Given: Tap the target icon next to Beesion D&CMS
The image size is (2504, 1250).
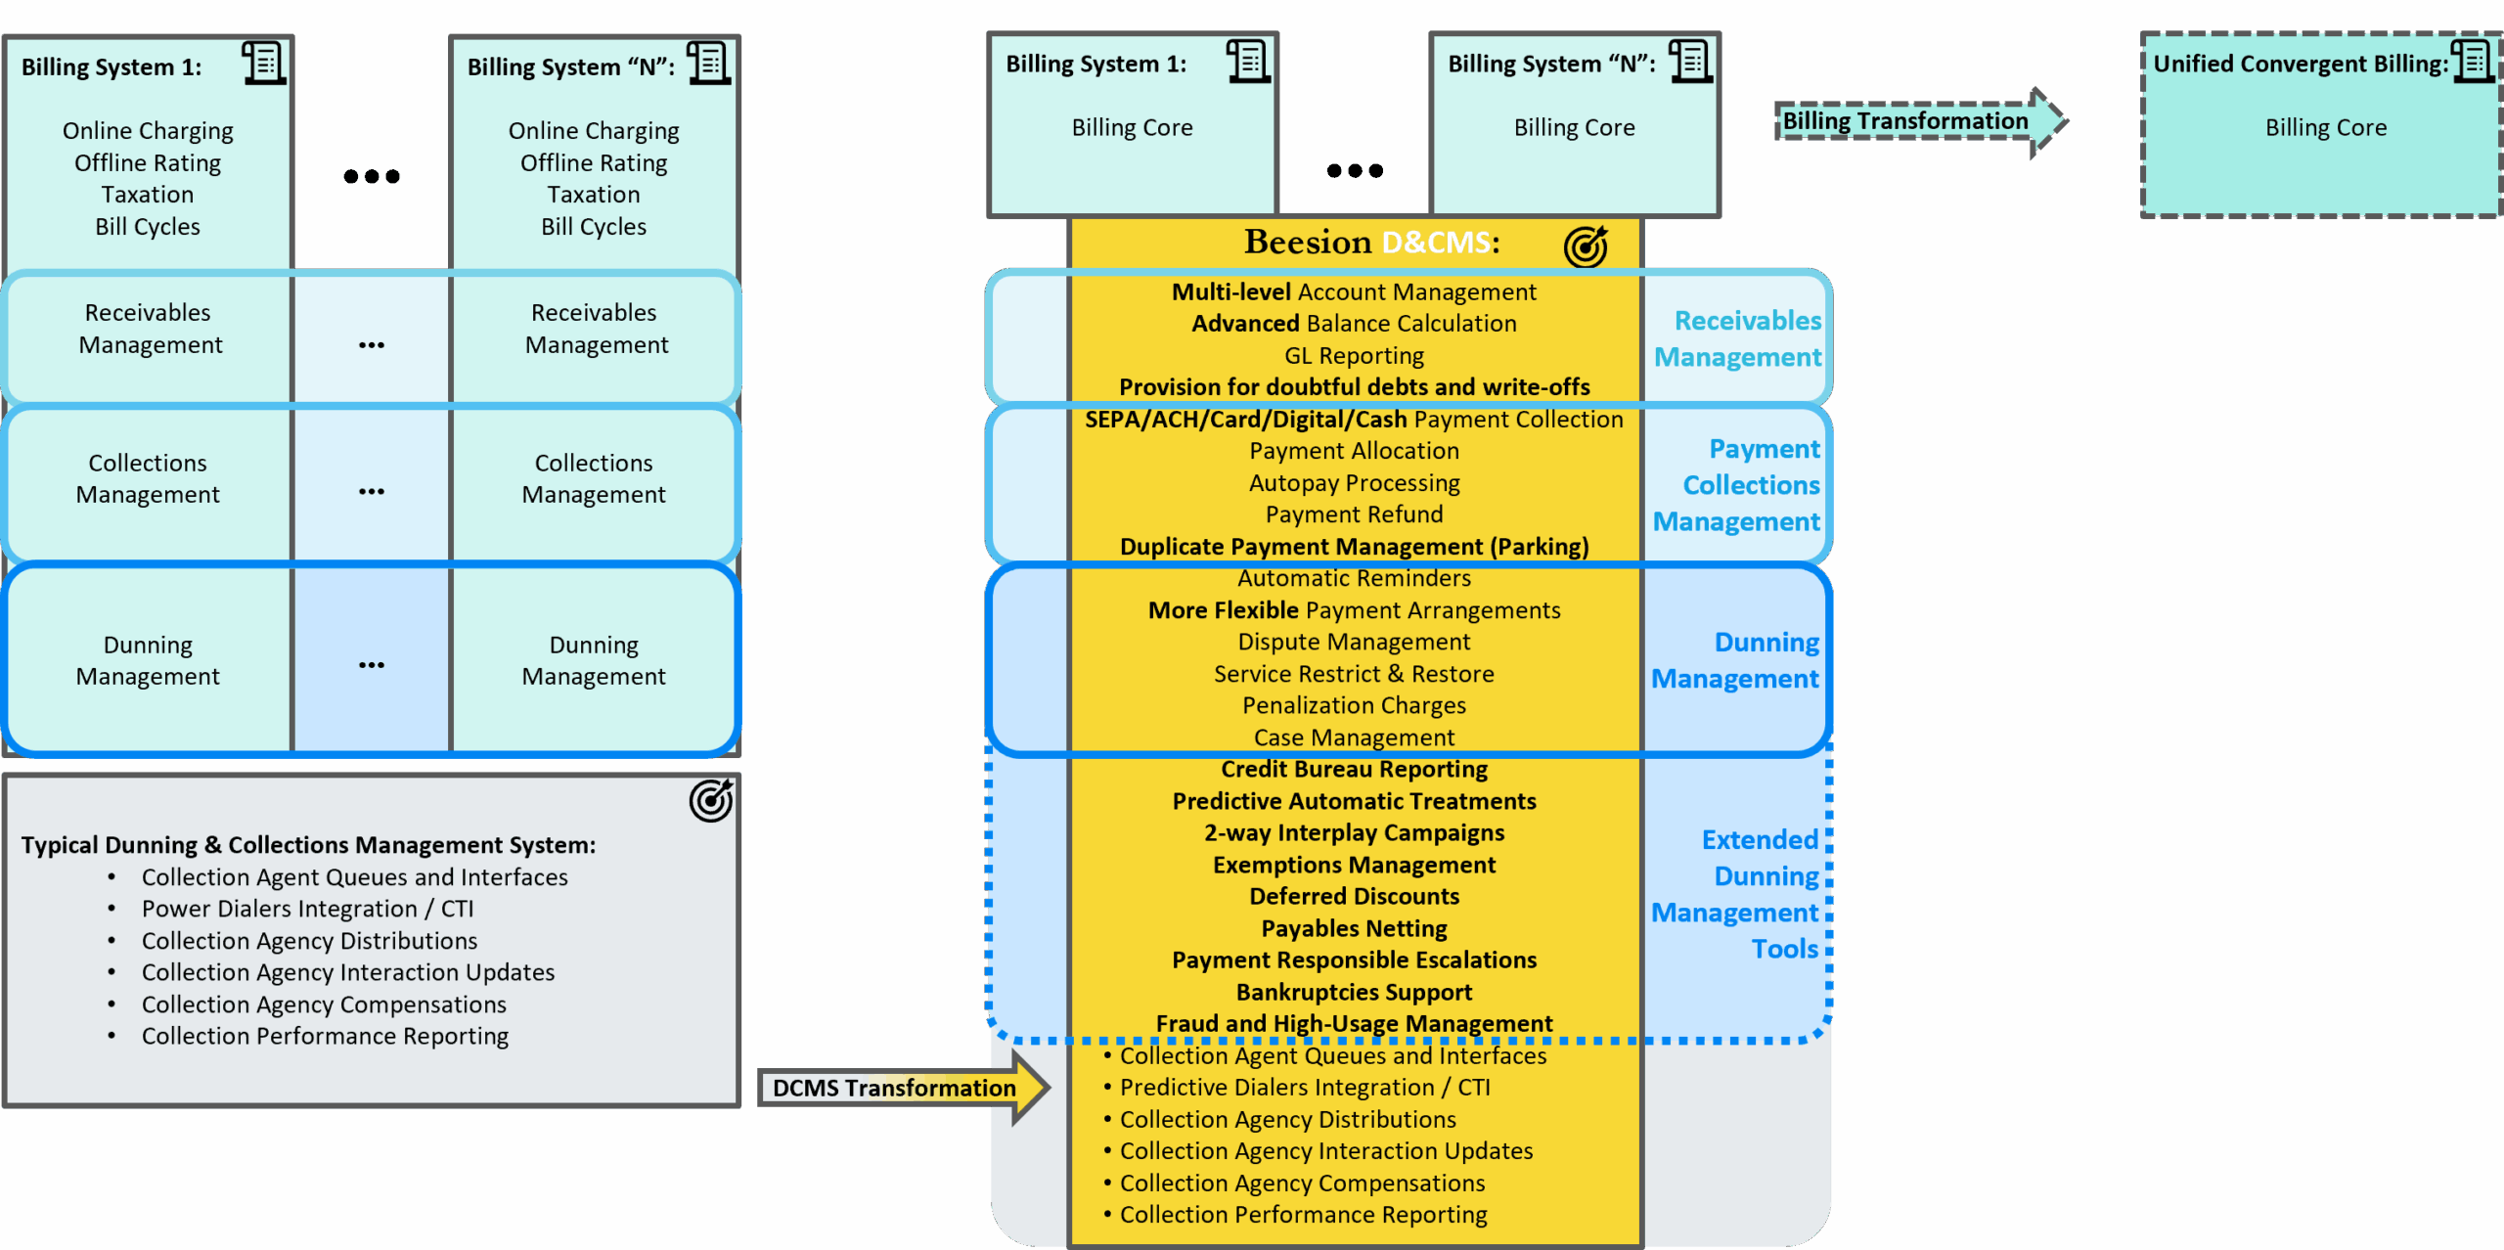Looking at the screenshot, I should click(1585, 246).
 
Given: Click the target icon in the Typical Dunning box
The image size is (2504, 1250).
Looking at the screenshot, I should click(711, 801).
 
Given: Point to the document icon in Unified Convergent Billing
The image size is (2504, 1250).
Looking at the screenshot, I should click(2473, 62).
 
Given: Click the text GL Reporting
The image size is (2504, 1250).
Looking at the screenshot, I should click(1354, 355).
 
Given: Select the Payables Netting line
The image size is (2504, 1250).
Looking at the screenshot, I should click(1354, 928).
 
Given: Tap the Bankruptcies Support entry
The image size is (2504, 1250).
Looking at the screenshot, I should click(1354, 992).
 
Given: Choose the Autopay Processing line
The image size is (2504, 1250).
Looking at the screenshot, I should click(1354, 483).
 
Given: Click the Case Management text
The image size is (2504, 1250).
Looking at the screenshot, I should click(1354, 737).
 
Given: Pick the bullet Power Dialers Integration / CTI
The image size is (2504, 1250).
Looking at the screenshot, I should click(307, 909).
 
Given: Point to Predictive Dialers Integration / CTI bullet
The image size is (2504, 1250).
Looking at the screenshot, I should click(1305, 1088).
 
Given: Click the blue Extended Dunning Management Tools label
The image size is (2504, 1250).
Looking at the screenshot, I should click(1737, 894).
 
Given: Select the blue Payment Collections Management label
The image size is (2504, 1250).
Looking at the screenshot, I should click(1737, 485).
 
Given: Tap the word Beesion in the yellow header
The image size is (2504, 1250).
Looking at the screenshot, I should click(1308, 242).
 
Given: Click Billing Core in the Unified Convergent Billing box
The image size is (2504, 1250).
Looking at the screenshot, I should click(2326, 128).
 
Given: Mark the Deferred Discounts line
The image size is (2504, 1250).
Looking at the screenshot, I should click(1354, 896).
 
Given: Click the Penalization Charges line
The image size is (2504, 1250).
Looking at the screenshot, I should click(1354, 705).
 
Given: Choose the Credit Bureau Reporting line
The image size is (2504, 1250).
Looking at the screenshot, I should click(1354, 770).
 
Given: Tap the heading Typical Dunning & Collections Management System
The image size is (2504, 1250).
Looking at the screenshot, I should click(308, 845).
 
